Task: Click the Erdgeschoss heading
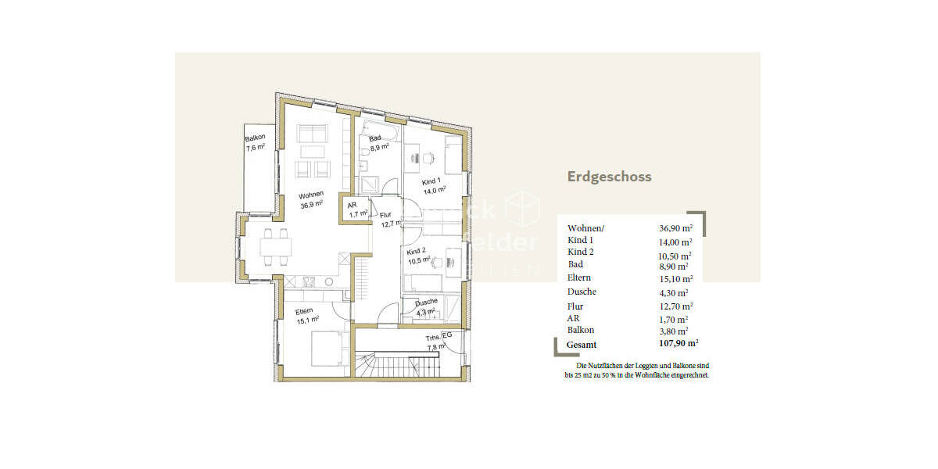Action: coord(609,177)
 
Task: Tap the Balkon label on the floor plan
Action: coord(256,143)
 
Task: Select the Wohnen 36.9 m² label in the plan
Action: coord(312,201)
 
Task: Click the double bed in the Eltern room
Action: coord(328,349)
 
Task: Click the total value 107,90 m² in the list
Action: coord(677,342)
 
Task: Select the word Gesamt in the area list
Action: coord(582,344)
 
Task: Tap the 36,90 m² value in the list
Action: coord(676,228)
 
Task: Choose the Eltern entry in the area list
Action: coord(579,277)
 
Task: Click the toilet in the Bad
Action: coord(365,163)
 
